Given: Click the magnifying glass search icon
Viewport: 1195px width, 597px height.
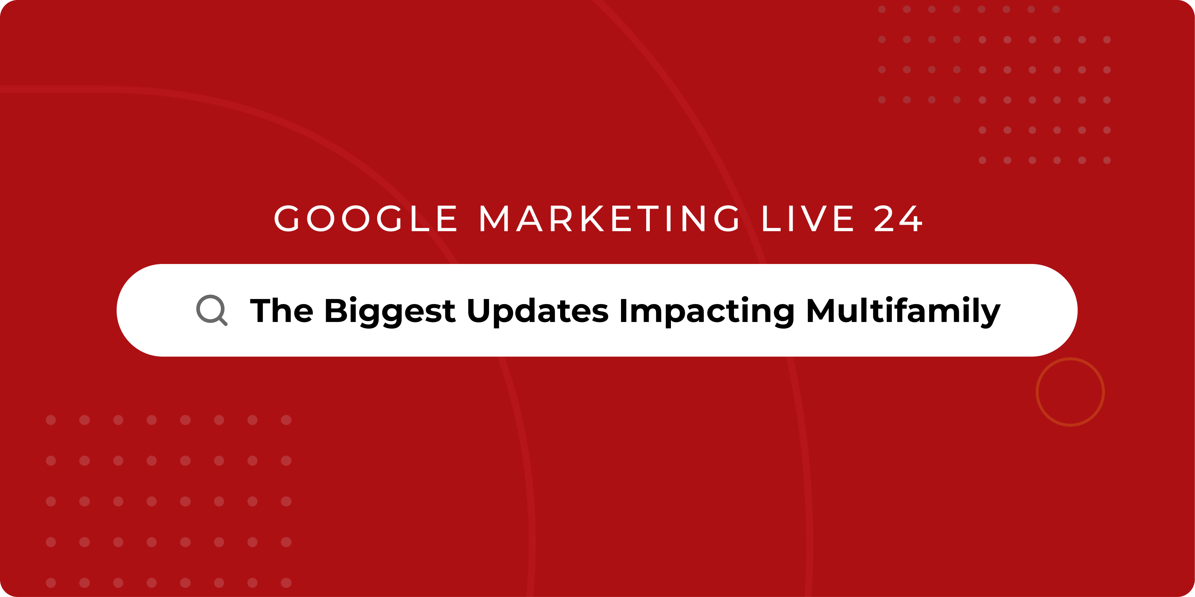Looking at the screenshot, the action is coord(211,310).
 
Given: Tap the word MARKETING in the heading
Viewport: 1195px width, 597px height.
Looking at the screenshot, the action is coord(609,218).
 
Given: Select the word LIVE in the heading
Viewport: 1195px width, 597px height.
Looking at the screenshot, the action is coord(808,218).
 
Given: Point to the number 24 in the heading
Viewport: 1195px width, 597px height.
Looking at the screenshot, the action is coord(898,218).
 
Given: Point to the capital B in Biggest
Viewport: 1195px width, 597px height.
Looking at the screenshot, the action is coord(337,310).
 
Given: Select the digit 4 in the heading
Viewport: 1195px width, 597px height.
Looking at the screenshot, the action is coord(910,218).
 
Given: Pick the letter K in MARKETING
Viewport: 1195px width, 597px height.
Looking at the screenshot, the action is coord(593,218).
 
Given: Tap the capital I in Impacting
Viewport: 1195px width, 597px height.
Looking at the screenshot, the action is coord(624,310).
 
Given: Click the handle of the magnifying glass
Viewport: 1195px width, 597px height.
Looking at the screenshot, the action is coord(223,321).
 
